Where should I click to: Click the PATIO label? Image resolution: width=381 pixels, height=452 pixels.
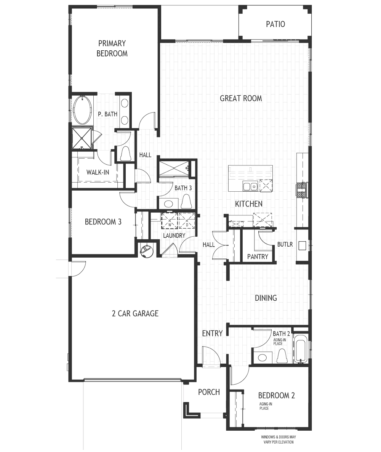tap(275, 24)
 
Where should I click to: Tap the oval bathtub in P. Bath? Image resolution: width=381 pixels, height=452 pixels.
tap(83, 110)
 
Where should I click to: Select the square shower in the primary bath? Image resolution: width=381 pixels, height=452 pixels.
tap(82, 139)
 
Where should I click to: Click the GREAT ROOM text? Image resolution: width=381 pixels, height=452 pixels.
tap(241, 98)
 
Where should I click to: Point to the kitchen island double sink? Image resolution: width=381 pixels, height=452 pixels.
tap(250, 186)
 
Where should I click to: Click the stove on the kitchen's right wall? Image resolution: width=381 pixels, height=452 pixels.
tap(301, 191)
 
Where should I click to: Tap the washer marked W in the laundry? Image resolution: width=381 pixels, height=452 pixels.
tap(170, 221)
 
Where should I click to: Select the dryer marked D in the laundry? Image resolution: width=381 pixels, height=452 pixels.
tap(187, 221)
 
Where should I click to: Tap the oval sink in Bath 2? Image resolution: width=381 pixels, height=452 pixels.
tap(262, 357)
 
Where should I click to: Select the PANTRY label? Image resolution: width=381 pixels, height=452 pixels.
tap(258, 256)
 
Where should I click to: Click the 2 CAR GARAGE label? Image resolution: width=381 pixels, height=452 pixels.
tap(135, 313)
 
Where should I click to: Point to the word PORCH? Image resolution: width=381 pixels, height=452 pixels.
tap(209, 392)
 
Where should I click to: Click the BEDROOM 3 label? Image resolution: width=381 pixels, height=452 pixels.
tap(103, 222)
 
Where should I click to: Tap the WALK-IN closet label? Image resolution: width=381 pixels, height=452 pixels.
tap(98, 172)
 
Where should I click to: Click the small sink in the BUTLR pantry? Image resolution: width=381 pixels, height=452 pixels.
tap(302, 245)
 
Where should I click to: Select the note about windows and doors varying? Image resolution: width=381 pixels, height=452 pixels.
tap(279, 439)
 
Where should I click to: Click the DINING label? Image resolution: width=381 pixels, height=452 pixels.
tap(266, 298)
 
